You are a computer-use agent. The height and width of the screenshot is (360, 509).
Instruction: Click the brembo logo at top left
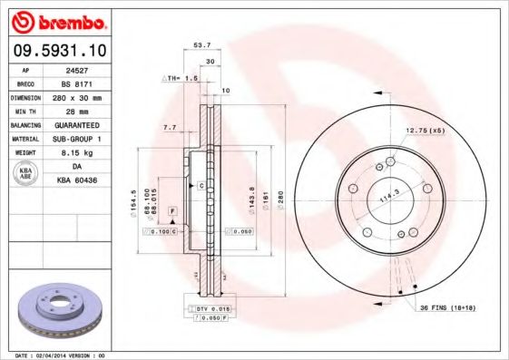pos(56,20)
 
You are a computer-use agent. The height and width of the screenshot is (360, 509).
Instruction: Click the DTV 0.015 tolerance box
pos(210,309)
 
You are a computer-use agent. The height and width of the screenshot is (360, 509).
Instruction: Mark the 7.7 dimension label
pos(170,127)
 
